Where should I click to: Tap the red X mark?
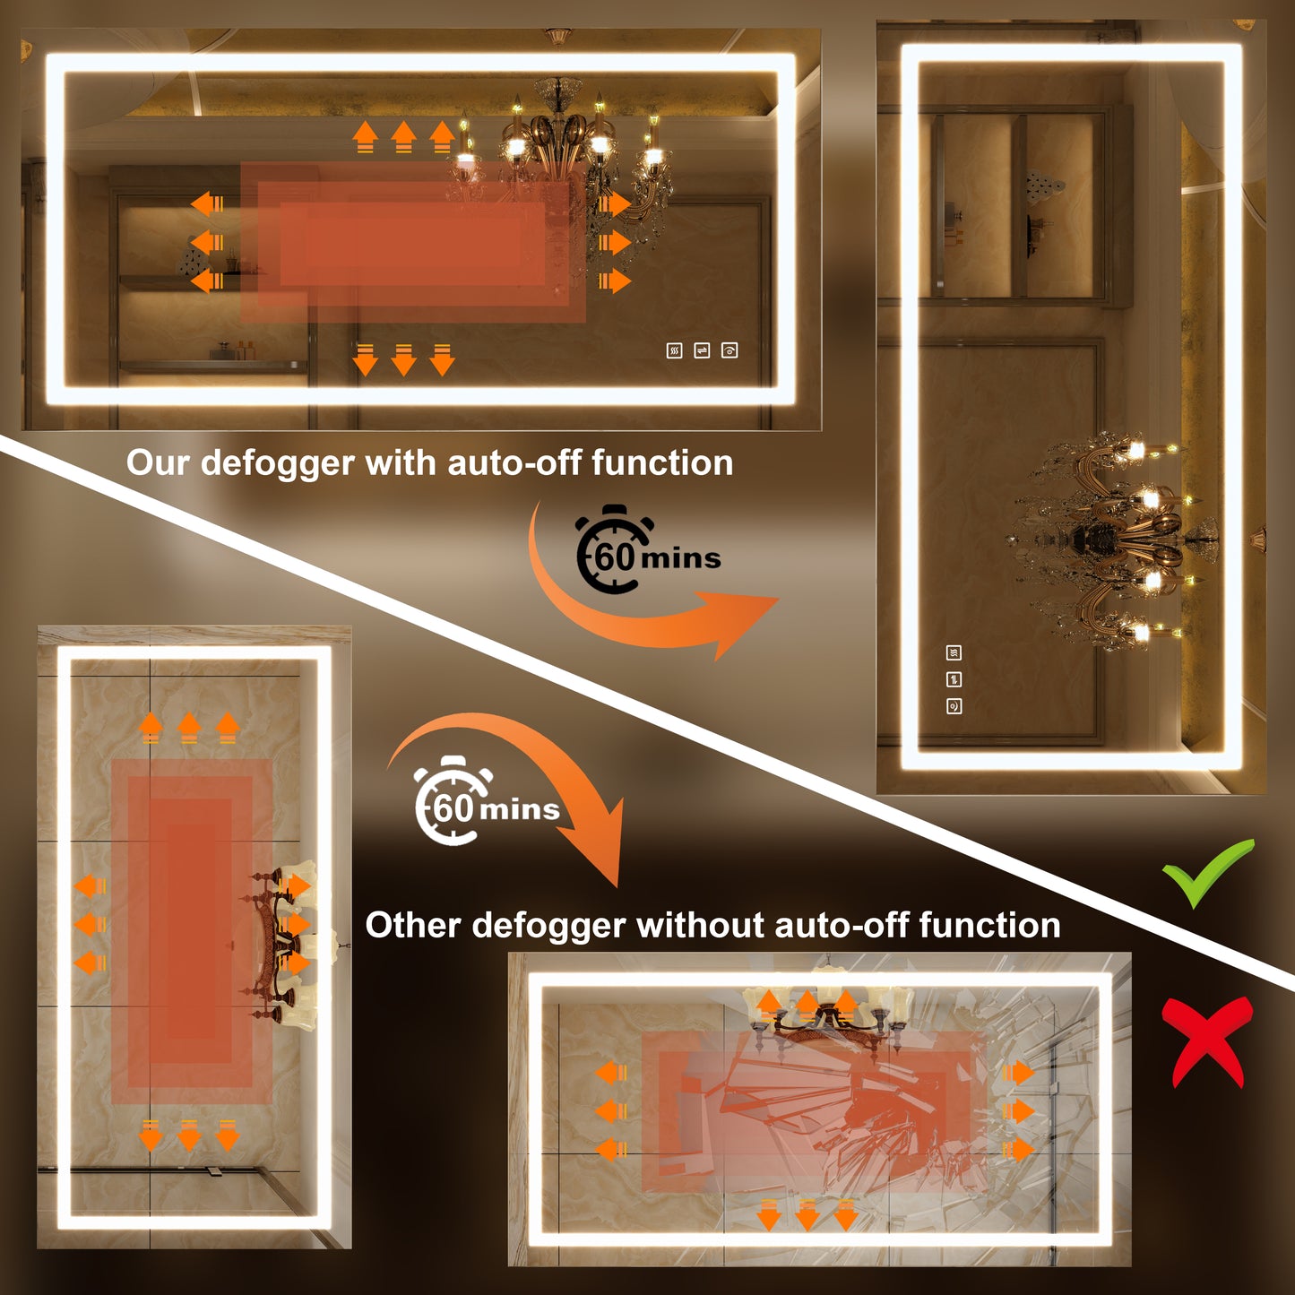click(x=1208, y=1041)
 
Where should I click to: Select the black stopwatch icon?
click(x=614, y=549)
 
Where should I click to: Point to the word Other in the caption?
click(x=412, y=926)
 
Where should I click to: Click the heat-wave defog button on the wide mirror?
click(x=674, y=350)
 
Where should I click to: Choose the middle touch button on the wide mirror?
click(x=702, y=350)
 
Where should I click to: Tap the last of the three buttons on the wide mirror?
click(x=730, y=350)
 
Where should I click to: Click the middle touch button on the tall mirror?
click(x=954, y=679)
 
